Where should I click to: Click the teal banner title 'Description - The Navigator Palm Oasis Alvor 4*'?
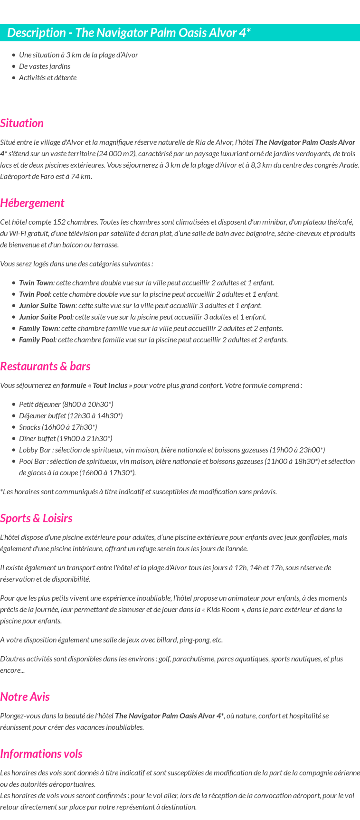coord(129,33)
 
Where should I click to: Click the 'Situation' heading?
coord(22,123)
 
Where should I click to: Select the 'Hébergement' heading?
coord(32,203)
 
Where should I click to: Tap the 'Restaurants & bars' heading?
coord(45,367)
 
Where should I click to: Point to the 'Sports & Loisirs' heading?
coord(36,518)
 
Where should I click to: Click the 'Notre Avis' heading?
coord(25,697)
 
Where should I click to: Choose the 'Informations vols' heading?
coord(41,754)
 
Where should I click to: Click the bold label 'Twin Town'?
coord(36,283)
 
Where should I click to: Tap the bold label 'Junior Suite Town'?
coord(47,306)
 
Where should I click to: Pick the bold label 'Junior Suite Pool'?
coord(46,317)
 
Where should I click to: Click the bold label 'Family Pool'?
coord(37,340)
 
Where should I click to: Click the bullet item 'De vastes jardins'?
coord(45,66)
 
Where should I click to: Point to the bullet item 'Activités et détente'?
coord(47,78)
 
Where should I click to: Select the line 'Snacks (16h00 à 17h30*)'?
coord(58,427)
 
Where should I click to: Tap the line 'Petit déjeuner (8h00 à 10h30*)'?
coord(66,405)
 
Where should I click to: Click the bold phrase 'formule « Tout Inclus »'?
coord(96,386)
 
